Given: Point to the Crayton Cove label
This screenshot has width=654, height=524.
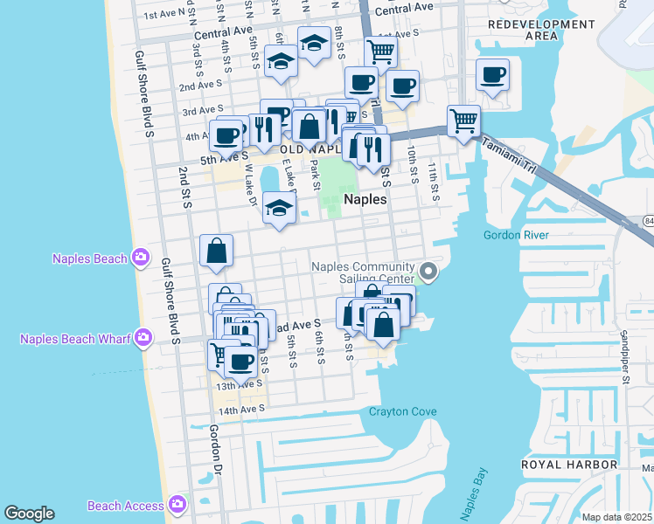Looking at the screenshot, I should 402,411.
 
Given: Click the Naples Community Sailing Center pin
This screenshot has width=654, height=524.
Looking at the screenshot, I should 428,272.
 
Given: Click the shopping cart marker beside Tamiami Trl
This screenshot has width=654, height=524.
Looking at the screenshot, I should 463,120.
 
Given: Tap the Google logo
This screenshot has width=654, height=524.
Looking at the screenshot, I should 30,514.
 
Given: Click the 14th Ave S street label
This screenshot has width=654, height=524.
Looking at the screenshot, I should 240,410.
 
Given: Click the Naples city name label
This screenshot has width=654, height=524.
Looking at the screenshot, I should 365,199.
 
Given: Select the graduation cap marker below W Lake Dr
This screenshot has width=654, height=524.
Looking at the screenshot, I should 279,209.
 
